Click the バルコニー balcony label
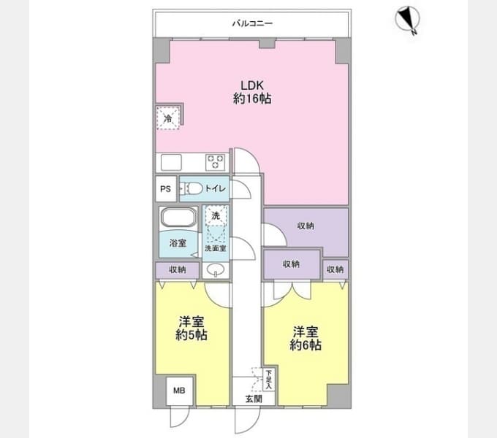point(252,23)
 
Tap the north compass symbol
point(407,19)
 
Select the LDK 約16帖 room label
point(252,92)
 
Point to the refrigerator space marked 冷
point(168,118)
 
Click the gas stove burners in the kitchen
point(216,162)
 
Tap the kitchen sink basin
point(171,162)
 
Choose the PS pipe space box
point(166,189)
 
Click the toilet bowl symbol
point(192,189)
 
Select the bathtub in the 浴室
point(178,217)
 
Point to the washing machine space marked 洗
point(216,216)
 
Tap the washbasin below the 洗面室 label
point(216,270)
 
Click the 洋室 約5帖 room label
point(191,328)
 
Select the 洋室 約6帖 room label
point(306,338)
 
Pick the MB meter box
point(179,391)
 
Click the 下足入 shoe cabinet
point(269,380)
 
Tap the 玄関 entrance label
point(254,399)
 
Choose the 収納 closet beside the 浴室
point(178,270)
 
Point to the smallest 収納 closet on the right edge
point(335,269)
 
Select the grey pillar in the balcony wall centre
point(267,43)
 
